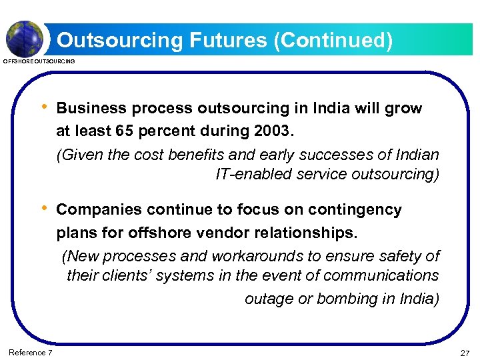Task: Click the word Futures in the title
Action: (x=219, y=41)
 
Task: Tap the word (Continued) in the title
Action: (x=331, y=41)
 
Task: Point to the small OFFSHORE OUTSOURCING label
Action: (x=39, y=61)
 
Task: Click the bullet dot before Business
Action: (x=45, y=107)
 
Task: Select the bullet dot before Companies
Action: (x=45, y=209)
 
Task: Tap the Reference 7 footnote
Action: (x=31, y=353)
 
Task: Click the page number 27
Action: (x=465, y=353)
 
